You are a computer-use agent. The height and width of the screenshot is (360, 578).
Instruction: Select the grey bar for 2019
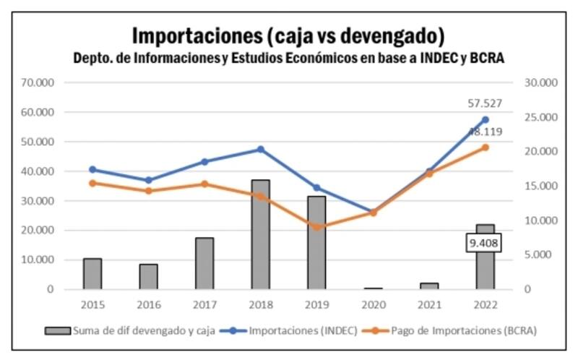click(316, 243)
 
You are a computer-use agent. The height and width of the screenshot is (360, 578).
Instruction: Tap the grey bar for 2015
click(92, 274)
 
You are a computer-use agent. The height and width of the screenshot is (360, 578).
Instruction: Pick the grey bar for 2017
click(204, 264)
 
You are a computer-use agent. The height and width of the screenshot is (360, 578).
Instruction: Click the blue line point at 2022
click(485, 120)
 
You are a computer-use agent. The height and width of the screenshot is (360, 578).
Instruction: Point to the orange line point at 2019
click(316, 227)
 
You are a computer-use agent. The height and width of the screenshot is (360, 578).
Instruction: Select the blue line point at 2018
click(260, 150)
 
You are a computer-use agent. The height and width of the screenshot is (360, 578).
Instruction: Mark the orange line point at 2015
click(92, 183)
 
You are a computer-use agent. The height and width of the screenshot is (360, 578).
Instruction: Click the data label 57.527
click(485, 103)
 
